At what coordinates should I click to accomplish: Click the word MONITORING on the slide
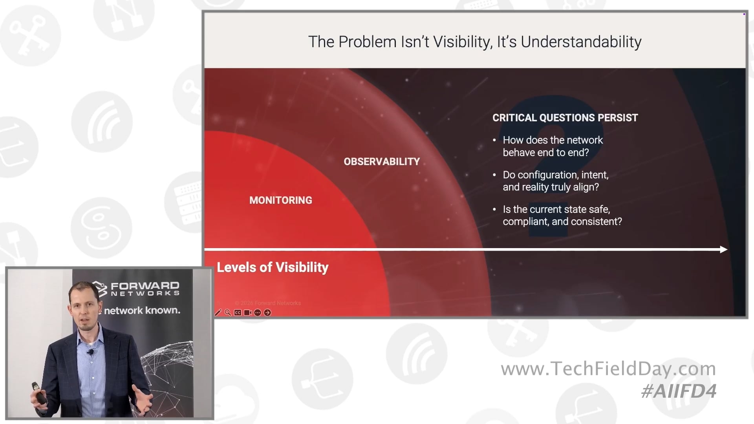(281, 200)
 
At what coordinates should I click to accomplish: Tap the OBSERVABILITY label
(382, 161)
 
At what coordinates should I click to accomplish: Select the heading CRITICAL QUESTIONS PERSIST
(565, 118)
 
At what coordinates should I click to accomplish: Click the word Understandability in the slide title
(581, 42)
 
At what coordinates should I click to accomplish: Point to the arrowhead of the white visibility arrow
(724, 249)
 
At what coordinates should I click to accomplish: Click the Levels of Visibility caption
(273, 267)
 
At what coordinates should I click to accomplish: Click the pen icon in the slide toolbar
(218, 313)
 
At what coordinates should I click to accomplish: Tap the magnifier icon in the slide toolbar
(228, 313)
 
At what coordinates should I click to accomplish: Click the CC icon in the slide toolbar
(238, 313)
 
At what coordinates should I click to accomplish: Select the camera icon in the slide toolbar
(247, 313)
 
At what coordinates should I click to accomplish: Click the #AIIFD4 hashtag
(679, 391)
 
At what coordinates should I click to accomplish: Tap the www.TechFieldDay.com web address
(608, 369)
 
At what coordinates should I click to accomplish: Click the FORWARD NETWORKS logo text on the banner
(145, 289)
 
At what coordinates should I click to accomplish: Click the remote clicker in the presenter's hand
(39, 393)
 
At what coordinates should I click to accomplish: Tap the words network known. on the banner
(142, 310)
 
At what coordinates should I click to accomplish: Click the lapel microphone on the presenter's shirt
(91, 352)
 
